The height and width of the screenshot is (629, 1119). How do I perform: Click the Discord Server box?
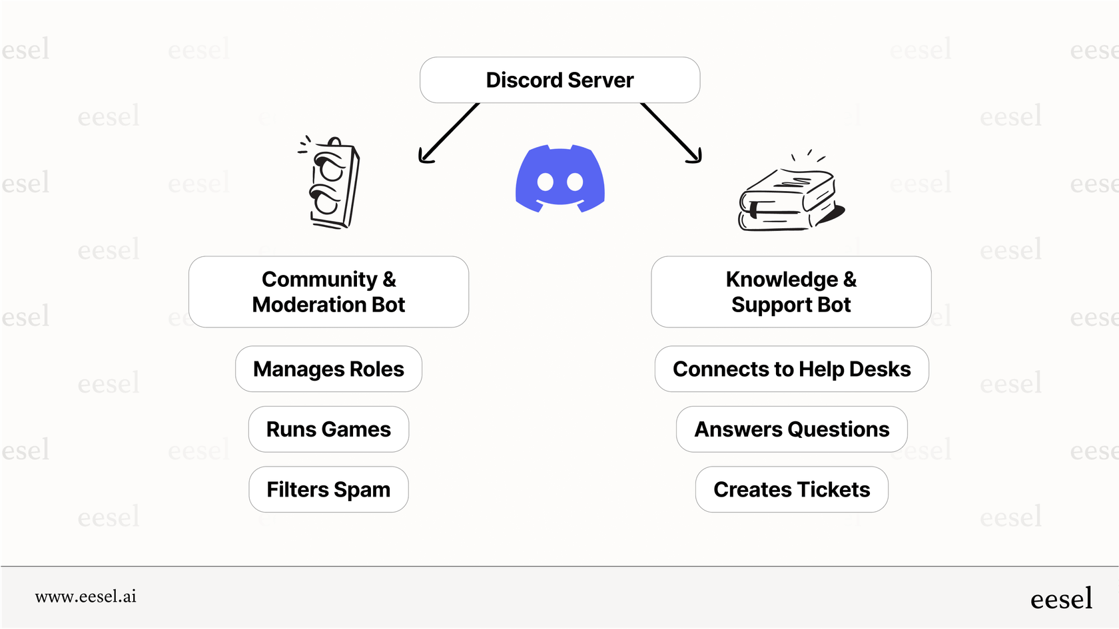pos(559,80)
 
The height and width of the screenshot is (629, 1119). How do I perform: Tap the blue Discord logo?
pos(559,178)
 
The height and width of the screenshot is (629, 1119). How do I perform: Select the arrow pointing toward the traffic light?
pos(448,133)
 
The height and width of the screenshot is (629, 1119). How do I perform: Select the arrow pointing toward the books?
pos(671,133)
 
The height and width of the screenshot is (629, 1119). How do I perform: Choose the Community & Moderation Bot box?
pos(328,292)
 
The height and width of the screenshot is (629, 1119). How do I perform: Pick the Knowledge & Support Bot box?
pos(791,292)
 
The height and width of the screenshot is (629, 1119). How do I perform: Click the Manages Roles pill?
pos(328,369)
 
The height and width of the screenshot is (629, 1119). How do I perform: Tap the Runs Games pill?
pos(328,429)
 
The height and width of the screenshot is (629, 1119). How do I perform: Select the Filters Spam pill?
pos(328,489)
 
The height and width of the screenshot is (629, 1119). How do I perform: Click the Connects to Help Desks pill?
pos(791,369)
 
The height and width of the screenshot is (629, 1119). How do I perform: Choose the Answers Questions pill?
pos(791,429)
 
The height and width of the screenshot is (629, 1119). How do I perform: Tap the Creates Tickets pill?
pos(791,489)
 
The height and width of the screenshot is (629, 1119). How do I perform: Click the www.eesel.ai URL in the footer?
pos(85,596)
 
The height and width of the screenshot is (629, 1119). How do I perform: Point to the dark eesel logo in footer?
pos(1061,598)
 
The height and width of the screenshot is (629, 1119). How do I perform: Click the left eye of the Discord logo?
pos(546,181)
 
